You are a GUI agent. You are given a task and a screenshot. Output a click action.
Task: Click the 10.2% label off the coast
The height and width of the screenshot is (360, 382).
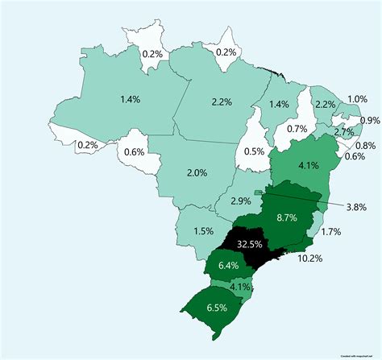click(310, 259)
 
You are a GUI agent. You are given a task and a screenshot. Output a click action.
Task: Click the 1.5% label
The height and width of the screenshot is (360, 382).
click(203, 230)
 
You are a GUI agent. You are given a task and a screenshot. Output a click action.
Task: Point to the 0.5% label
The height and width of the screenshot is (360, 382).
click(255, 152)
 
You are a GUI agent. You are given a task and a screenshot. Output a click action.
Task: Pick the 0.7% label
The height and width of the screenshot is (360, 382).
click(297, 129)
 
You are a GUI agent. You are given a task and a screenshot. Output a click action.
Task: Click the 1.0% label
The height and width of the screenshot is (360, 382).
click(357, 99)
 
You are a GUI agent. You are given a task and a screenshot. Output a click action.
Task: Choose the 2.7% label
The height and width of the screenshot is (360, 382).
click(344, 131)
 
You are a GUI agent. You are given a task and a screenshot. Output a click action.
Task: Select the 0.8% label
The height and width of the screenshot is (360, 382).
click(365, 145)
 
